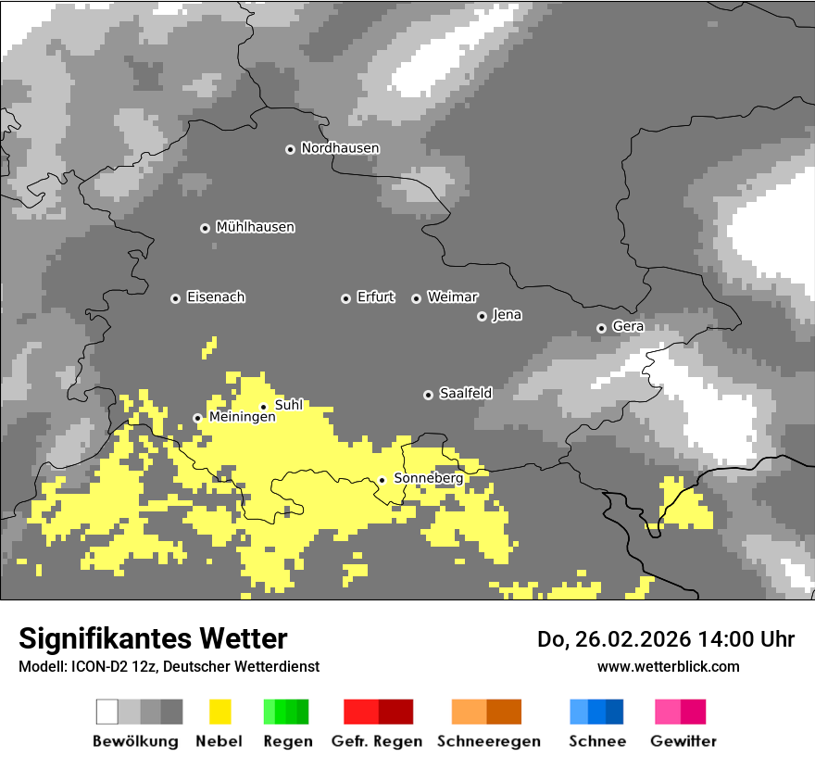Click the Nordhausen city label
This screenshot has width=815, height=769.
(x=340, y=148)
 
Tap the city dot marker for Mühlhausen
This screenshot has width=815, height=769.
(x=205, y=228)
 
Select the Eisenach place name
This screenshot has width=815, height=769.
(x=216, y=297)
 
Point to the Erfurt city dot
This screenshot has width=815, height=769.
(x=345, y=298)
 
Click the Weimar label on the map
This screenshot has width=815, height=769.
(x=452, y=297)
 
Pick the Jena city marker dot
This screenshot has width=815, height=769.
(x=482, y=316)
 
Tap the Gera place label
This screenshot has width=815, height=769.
(x=628, y=326)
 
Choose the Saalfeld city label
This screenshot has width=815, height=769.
(x=465, y=394)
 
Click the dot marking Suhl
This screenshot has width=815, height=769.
(x=263, y=407)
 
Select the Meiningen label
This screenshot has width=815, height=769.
(x=242, y=417)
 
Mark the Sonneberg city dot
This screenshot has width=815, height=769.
(x=382, y=480)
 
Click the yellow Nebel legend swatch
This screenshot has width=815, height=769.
(x=219, y=712)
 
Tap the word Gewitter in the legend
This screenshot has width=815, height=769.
(x=683, y=741)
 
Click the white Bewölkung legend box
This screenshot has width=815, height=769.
(x=107, y=712)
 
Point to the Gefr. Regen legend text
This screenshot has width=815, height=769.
(x=377, y=741)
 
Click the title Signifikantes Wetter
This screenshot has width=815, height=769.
(x=153, y=638)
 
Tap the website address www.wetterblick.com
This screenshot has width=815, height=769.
(x=668, y=666)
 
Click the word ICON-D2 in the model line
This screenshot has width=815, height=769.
(x=98, y=666)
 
